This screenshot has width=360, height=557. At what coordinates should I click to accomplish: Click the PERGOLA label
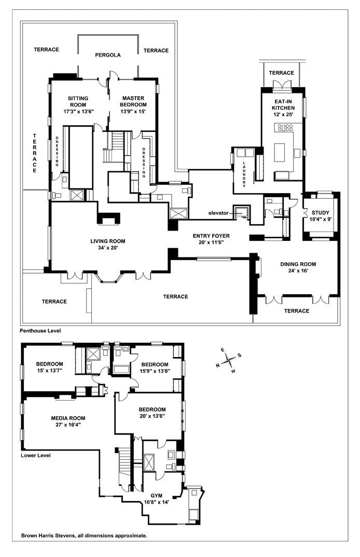pos(107,55)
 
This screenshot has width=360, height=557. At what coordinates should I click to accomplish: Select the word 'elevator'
pos(218,213)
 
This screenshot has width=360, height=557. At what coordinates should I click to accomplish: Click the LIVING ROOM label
pos(108,241)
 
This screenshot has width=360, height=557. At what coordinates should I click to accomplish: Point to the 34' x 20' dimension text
pos(108,249)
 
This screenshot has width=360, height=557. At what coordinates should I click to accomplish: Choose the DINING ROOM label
pos(298,264)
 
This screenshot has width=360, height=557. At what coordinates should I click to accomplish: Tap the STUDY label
pos(320,212)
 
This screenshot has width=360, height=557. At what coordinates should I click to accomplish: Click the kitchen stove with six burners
pos(286,127)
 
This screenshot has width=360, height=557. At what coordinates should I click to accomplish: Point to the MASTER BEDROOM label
pos(133,101)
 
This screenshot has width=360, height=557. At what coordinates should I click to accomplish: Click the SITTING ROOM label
pos(78,101)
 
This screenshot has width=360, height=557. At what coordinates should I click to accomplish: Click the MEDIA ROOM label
pos(68,418)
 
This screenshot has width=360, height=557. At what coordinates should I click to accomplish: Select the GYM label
pos(156,495)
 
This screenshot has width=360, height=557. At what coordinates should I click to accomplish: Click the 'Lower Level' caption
pos(35,456)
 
